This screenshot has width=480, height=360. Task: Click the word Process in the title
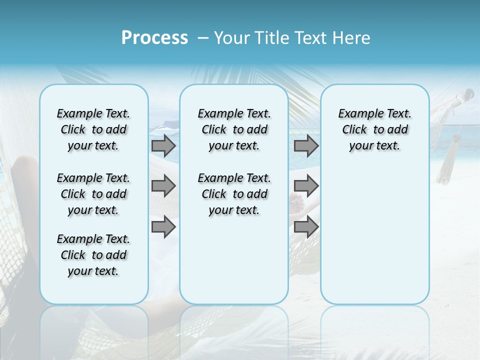click(154, 38)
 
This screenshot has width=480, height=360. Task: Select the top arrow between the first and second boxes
click(163, 146)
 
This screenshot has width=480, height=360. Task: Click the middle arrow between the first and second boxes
click(163, 186)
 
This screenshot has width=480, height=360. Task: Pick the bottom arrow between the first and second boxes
click(163, 226)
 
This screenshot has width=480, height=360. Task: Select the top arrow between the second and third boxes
click(306, 146)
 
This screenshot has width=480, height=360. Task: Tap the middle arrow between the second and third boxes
click(306, 186)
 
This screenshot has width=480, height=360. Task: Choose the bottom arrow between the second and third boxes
click(306, 226)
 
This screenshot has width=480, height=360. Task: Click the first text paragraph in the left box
click(93, 129)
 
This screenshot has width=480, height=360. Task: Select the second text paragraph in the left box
click(93, 194)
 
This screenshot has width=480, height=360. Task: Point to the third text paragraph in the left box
click(93, 255)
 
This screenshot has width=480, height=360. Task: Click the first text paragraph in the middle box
click(234, 129)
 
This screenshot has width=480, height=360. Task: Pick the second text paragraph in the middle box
click(234, 194)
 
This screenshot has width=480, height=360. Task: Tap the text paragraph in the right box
click(374, 129)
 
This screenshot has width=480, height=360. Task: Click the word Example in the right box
click(357, 114)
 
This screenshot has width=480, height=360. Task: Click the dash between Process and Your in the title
click(203, 38)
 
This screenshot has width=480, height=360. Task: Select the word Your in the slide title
click(231, 38)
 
